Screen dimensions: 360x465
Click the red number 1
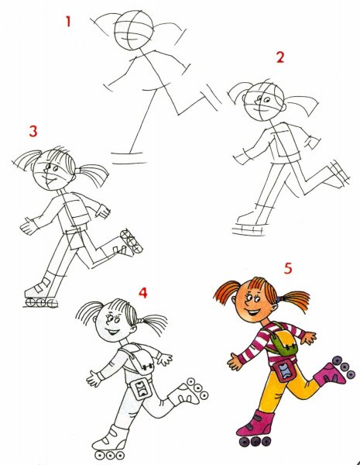coord(68,22)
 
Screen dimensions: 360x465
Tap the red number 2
coord(280,57)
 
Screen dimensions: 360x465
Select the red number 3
coord(33,131)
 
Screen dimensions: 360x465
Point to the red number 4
coord(142,293)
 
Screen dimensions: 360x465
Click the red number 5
coord(288,268)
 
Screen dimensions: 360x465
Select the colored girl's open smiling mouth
coord(252,312)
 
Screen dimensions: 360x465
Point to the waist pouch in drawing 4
coord(139,389)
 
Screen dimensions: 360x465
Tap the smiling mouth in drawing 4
coord(113,331)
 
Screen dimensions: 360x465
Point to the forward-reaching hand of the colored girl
coord(235,361)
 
